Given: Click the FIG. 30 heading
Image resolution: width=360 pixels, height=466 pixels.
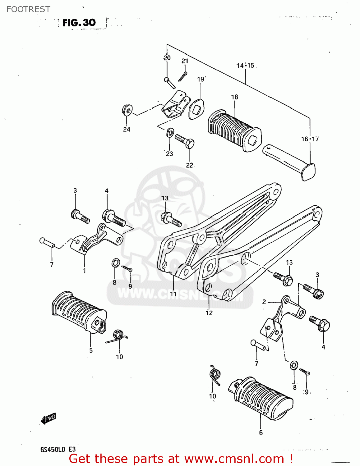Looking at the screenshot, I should pos(79,23).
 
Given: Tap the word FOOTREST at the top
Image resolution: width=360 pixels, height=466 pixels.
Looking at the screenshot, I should pos(28,9).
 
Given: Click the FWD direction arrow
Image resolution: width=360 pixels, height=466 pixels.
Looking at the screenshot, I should pos(48,419).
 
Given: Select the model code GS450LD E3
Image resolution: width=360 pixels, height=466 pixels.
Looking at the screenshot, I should pos(58,449).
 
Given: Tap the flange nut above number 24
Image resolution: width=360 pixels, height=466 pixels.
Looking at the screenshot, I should pos(127,110).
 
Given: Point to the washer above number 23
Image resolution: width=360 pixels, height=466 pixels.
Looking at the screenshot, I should pos(170,133).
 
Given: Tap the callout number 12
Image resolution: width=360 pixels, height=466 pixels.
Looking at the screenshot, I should pos(209,313).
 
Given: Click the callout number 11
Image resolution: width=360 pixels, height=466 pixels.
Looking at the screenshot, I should pos(173,294).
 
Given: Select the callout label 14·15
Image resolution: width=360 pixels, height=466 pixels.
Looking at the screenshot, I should pos(245,66).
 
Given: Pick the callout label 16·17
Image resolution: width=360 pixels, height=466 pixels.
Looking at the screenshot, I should pos(310,139).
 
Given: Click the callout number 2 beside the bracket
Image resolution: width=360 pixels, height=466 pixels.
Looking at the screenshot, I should pos(264,302).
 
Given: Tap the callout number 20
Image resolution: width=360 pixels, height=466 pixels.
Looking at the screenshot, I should pos(167,58).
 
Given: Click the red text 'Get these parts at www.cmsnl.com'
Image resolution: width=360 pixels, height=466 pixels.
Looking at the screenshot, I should pos(180,459).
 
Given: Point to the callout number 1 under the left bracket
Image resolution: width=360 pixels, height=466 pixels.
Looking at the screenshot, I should pos(84,271).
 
